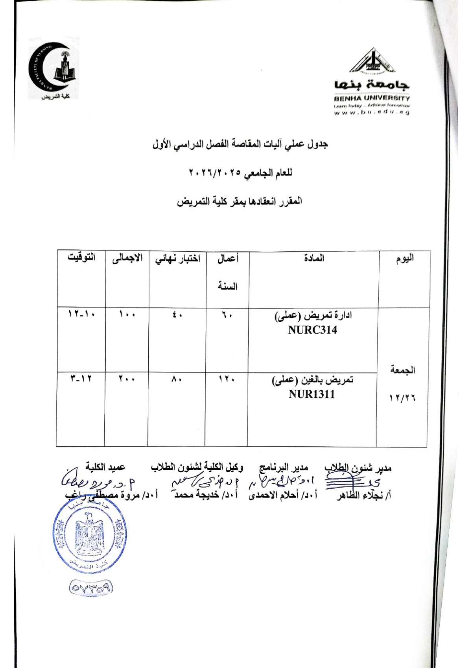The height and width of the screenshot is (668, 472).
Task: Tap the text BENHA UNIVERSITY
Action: tap(372, 98)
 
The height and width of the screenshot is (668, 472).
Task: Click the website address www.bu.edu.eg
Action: tap(372, 112)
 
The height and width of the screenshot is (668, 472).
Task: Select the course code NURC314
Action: tap(312, 330)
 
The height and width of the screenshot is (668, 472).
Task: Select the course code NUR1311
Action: tap(312, 394)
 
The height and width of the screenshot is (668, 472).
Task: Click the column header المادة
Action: tap(314, 258)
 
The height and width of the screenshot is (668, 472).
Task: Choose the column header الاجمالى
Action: tap(127, 259)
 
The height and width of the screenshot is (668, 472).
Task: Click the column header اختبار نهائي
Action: tap(177, 259)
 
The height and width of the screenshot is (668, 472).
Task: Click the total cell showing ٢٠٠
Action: tap(127, 379)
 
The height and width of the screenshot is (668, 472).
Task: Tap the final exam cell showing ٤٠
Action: tap(177, 315)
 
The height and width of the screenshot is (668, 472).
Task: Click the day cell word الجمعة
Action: tap(402, 370)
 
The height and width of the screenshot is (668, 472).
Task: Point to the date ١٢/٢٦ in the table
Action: tap(402, 398)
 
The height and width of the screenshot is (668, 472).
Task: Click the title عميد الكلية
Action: tap(105, 467)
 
